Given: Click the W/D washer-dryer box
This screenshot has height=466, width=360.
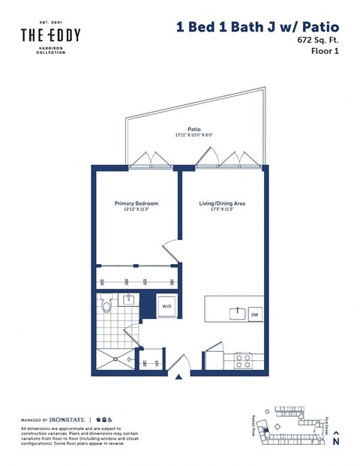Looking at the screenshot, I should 165,305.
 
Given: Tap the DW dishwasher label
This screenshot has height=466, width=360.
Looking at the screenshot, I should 255,314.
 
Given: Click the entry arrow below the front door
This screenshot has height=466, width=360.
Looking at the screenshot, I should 178,378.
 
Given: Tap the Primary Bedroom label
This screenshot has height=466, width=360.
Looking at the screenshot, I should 133,203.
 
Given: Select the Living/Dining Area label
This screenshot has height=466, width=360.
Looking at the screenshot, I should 222,203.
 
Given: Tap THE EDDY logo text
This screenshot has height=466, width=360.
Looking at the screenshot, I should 50,35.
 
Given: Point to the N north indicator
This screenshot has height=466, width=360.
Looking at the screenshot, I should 335,442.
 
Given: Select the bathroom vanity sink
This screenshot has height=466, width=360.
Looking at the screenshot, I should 127,301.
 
